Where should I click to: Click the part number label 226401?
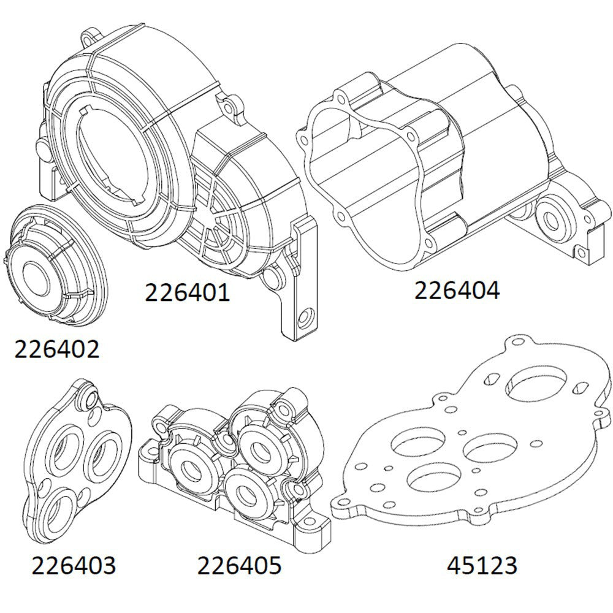pos(187,292)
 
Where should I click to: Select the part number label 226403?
pos(73,565)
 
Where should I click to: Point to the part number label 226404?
pos(457,291)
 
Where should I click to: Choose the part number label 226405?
pos(239,565)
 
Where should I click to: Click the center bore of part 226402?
pos(38,274)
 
